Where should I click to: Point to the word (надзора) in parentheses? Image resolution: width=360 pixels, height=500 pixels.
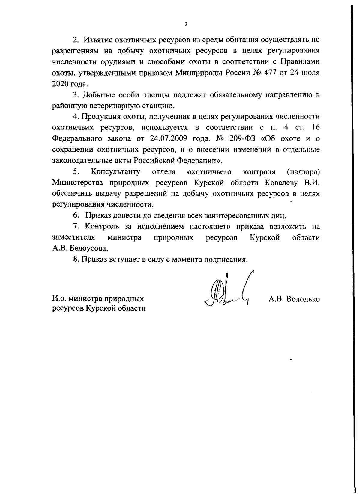[x=303, y=172]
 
